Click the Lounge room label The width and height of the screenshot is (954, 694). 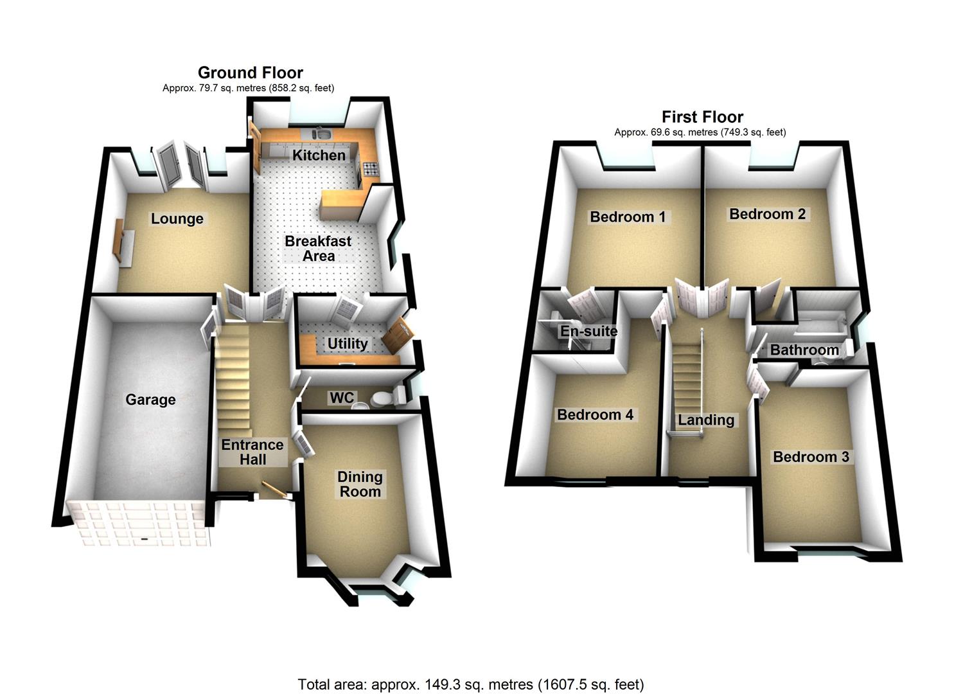pos(177,219)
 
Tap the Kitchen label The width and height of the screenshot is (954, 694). pos(319,155)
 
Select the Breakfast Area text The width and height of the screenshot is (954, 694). pos(318,249)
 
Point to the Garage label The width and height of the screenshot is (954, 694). pos(150,400)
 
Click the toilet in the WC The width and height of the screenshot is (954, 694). pos(381,399)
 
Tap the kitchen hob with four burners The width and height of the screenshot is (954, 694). pos(371,169)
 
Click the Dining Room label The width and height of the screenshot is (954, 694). pos(360,484)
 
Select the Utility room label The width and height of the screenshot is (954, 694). pos(348,344)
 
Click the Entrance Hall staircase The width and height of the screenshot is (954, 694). pos(233,379)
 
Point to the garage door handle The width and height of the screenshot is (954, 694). pos(145,538)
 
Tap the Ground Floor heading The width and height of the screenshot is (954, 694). pos(250,73)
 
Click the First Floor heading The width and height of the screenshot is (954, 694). pos(702,117)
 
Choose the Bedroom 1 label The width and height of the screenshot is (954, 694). pos(628,217)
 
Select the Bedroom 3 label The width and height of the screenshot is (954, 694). pos(811,457)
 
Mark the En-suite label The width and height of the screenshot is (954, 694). pos(588,332)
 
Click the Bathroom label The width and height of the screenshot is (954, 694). pos(804,350)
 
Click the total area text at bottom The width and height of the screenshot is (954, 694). pos(470,684)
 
